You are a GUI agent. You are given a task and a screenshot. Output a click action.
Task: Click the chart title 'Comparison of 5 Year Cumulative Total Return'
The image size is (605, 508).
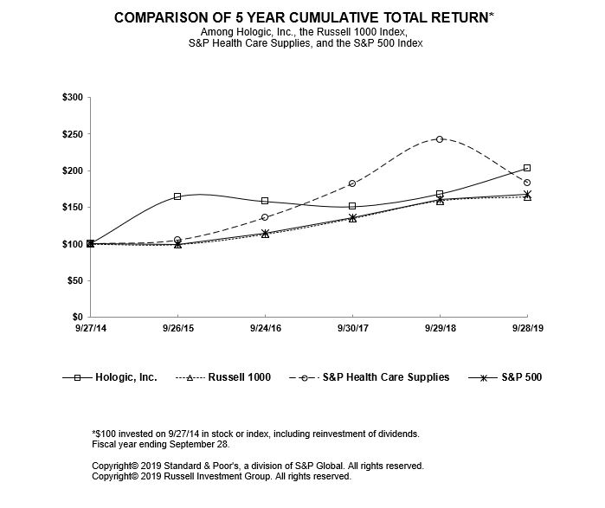(301, 17)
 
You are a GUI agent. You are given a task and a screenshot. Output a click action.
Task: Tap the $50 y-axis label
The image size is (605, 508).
(74, 281)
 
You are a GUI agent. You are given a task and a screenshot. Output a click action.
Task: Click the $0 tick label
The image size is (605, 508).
(77, 318)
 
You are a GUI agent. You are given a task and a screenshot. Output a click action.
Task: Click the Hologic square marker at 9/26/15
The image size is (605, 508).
(177, 196)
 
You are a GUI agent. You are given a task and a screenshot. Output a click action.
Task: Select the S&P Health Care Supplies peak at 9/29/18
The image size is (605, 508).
(440, 138)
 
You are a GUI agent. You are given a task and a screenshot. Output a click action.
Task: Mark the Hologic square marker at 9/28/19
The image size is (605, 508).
(527, 168)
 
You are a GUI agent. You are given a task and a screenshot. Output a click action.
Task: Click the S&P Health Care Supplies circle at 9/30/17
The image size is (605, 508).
(352, 183)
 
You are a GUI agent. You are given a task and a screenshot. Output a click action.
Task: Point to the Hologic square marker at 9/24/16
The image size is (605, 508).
(265, 201)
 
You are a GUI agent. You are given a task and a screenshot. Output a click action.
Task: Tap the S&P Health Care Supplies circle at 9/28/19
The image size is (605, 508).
(527, 183)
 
